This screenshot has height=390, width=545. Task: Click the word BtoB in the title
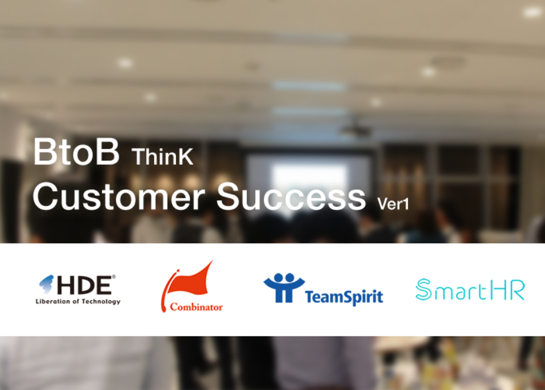point(76,152)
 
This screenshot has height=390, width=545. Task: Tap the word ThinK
point(163,157)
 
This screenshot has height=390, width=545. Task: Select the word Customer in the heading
point(119,196)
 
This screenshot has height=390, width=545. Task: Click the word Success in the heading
point(291,196)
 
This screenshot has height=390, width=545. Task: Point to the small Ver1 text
point(393,204)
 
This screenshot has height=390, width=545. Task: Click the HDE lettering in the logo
point(84,285)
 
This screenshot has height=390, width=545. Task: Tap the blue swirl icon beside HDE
point(46,284)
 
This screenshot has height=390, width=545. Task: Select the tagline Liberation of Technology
point(78,301)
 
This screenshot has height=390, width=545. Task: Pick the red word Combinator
point(196,307)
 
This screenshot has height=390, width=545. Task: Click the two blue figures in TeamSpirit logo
point(284,288)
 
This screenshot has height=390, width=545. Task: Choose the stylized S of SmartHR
point(423,289)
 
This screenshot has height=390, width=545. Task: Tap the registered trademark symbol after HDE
point(114,277)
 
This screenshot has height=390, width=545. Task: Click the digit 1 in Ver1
point(406,204)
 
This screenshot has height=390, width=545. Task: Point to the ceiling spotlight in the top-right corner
point(532,12)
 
